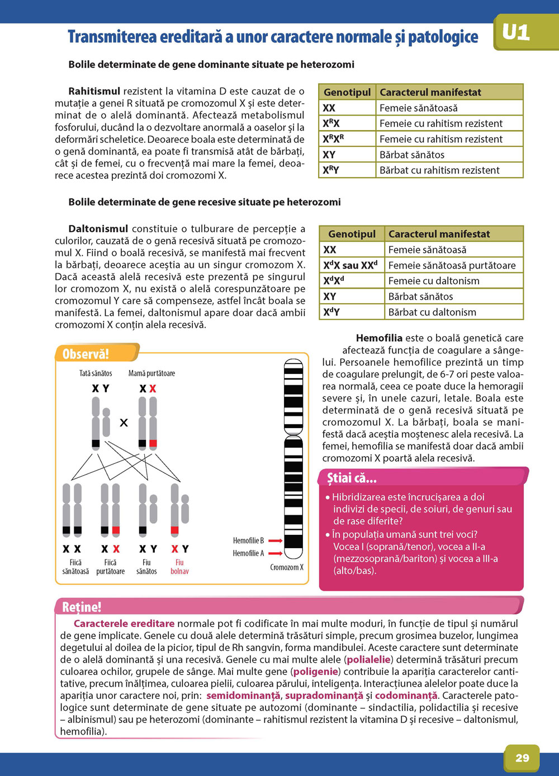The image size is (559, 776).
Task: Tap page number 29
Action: pyautogui.click(x=522, y=758)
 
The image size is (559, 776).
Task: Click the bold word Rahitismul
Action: pyautogui.click(x=94, y=91)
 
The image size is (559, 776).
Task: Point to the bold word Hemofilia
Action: pyautogui.click(x=379, y=338)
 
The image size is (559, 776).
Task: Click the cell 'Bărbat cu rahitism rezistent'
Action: pyautogui.click(x=439, y=170)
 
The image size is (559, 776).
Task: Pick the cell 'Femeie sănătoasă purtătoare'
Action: pyautogui.click(x=452, y=265)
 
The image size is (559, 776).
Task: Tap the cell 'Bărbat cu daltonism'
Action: pyautogui.click(x=432, y=312)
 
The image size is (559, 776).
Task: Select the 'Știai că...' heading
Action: pyautogui.click(x=352, y=478)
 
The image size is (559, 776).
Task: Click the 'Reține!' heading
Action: pyautogui.click(x=82, y=607)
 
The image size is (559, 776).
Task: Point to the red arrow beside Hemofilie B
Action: pyautogui.click(x=274, y=540)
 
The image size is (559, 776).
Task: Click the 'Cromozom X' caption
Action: pyautogui.click(x=287, y=567)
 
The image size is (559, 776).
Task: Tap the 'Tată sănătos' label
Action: pyautogui.click(x=96, y=373)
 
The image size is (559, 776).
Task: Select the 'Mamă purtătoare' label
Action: pyautogui.click(x=151, y=373)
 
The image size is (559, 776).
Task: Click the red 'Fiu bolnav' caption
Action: pyautogui.click(x=179, y=567)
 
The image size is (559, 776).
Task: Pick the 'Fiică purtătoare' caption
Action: pyautogui.click(x=110, y=567)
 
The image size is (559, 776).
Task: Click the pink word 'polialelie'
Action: pyautogui.click(x=368, y=659)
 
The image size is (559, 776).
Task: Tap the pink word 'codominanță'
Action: pyautogui.click(x=406, y=696)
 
